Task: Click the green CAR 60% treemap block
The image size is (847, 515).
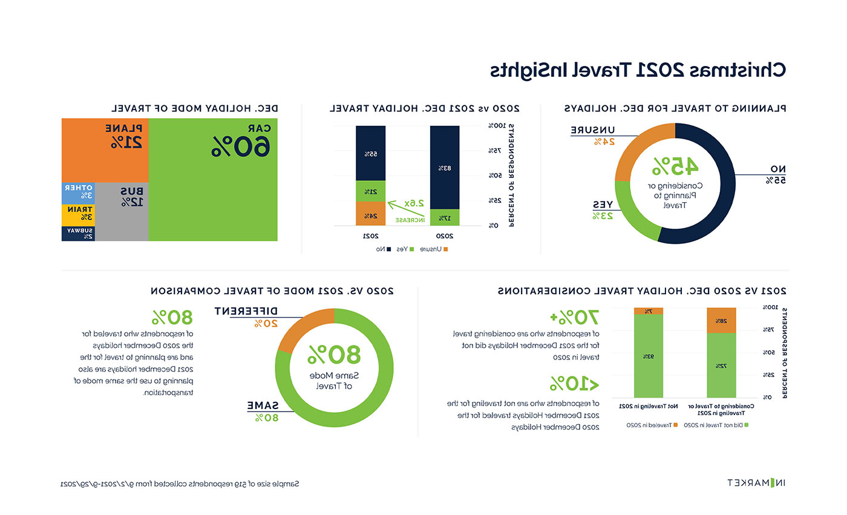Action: point(212,180)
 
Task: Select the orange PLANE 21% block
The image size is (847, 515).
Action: point(105,150)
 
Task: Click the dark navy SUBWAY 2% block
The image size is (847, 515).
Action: point(79,234)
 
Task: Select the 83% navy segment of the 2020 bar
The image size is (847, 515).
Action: point(444,168)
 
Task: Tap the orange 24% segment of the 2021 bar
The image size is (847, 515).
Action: point(370,215)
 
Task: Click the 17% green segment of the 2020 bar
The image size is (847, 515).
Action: point(444,217)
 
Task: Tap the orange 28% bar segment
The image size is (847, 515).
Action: point(721,321)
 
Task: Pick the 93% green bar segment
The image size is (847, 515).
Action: point(649,356)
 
